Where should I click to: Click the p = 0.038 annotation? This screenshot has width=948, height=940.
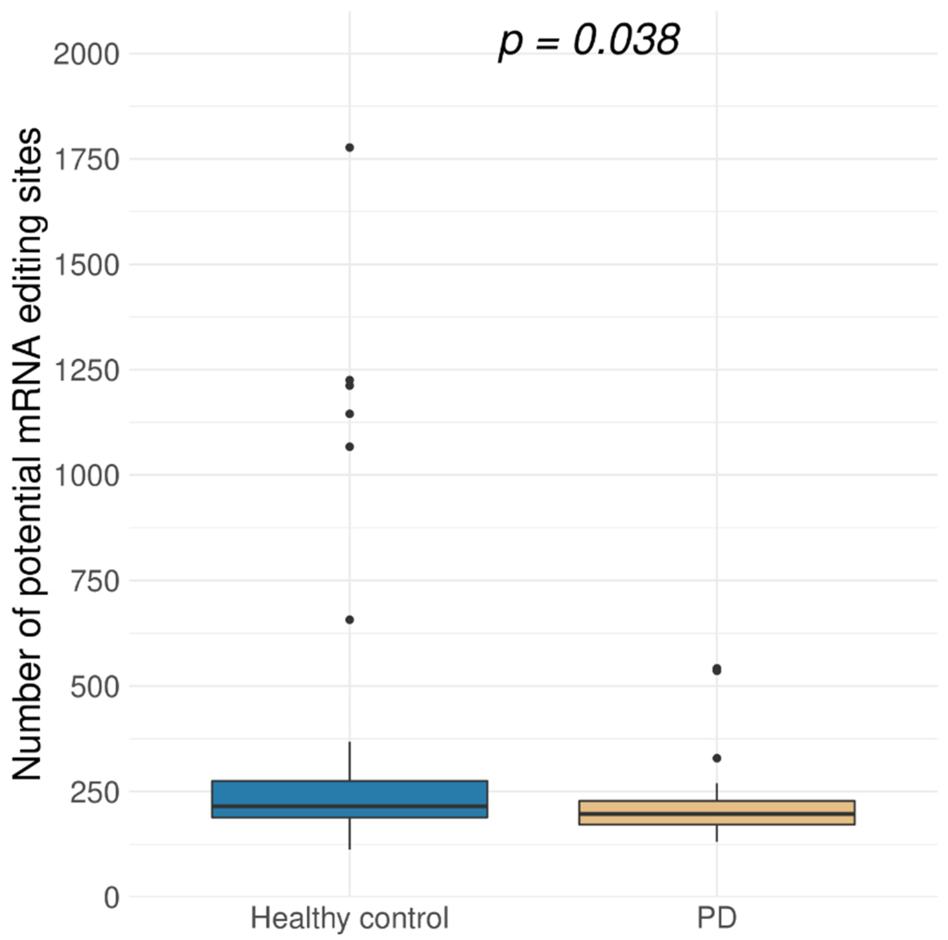tap(589, 40)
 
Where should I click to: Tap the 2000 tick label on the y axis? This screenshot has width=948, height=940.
tap(86, 54)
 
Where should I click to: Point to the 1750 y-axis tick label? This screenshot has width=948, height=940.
tap(86, 160)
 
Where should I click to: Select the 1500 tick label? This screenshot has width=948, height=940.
tap(86, 265)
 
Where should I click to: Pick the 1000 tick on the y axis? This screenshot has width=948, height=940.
tap(86, 476)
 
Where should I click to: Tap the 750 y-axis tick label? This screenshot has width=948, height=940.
tap(95, 582)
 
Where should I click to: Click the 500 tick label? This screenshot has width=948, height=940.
tap(95, 687)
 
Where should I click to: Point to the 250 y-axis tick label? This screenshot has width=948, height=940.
tap(95, 793)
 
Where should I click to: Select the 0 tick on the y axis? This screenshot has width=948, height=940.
tap(112, 899)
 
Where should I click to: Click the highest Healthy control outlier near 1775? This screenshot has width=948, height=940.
tap(349, 147)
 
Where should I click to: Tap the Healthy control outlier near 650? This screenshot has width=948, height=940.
tap(349, 620)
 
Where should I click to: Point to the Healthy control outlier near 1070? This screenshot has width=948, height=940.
tap(349, 447)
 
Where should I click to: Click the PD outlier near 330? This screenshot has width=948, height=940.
tap(717, 758)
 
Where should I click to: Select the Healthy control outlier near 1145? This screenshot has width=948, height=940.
tap(349, 414)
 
